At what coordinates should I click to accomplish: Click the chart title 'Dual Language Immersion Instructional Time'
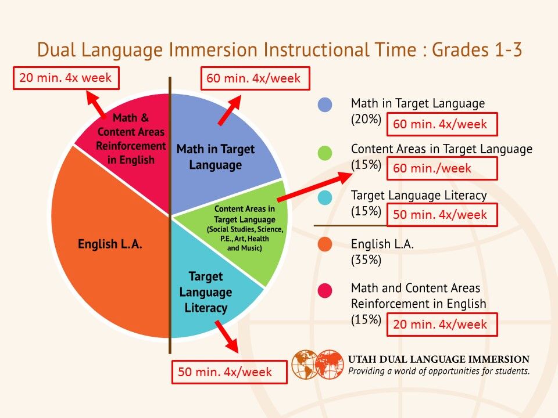coord(227,50)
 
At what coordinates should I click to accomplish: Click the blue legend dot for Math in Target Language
coord(325,105)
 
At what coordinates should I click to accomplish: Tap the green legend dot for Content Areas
coord(325,153)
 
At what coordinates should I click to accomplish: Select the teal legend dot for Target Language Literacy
coord(325,197)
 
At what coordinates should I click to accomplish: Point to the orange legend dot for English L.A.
coord(325,244)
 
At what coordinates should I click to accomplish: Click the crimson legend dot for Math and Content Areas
coord(325,290)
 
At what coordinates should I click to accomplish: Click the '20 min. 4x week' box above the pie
coord(66,78)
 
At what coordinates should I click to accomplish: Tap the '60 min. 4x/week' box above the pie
coord(255,78)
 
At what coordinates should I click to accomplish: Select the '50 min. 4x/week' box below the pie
coord(229,372)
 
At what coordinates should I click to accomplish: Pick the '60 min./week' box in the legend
coord(442,168)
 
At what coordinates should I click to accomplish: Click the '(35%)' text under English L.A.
coord(366,260)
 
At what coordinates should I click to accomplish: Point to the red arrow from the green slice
coord(315,186)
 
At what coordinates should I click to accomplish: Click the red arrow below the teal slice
coord(227,336)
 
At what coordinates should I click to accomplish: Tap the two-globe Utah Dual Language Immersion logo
coord(318,365)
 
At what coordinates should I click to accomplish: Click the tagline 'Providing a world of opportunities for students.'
coord(439,371)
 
